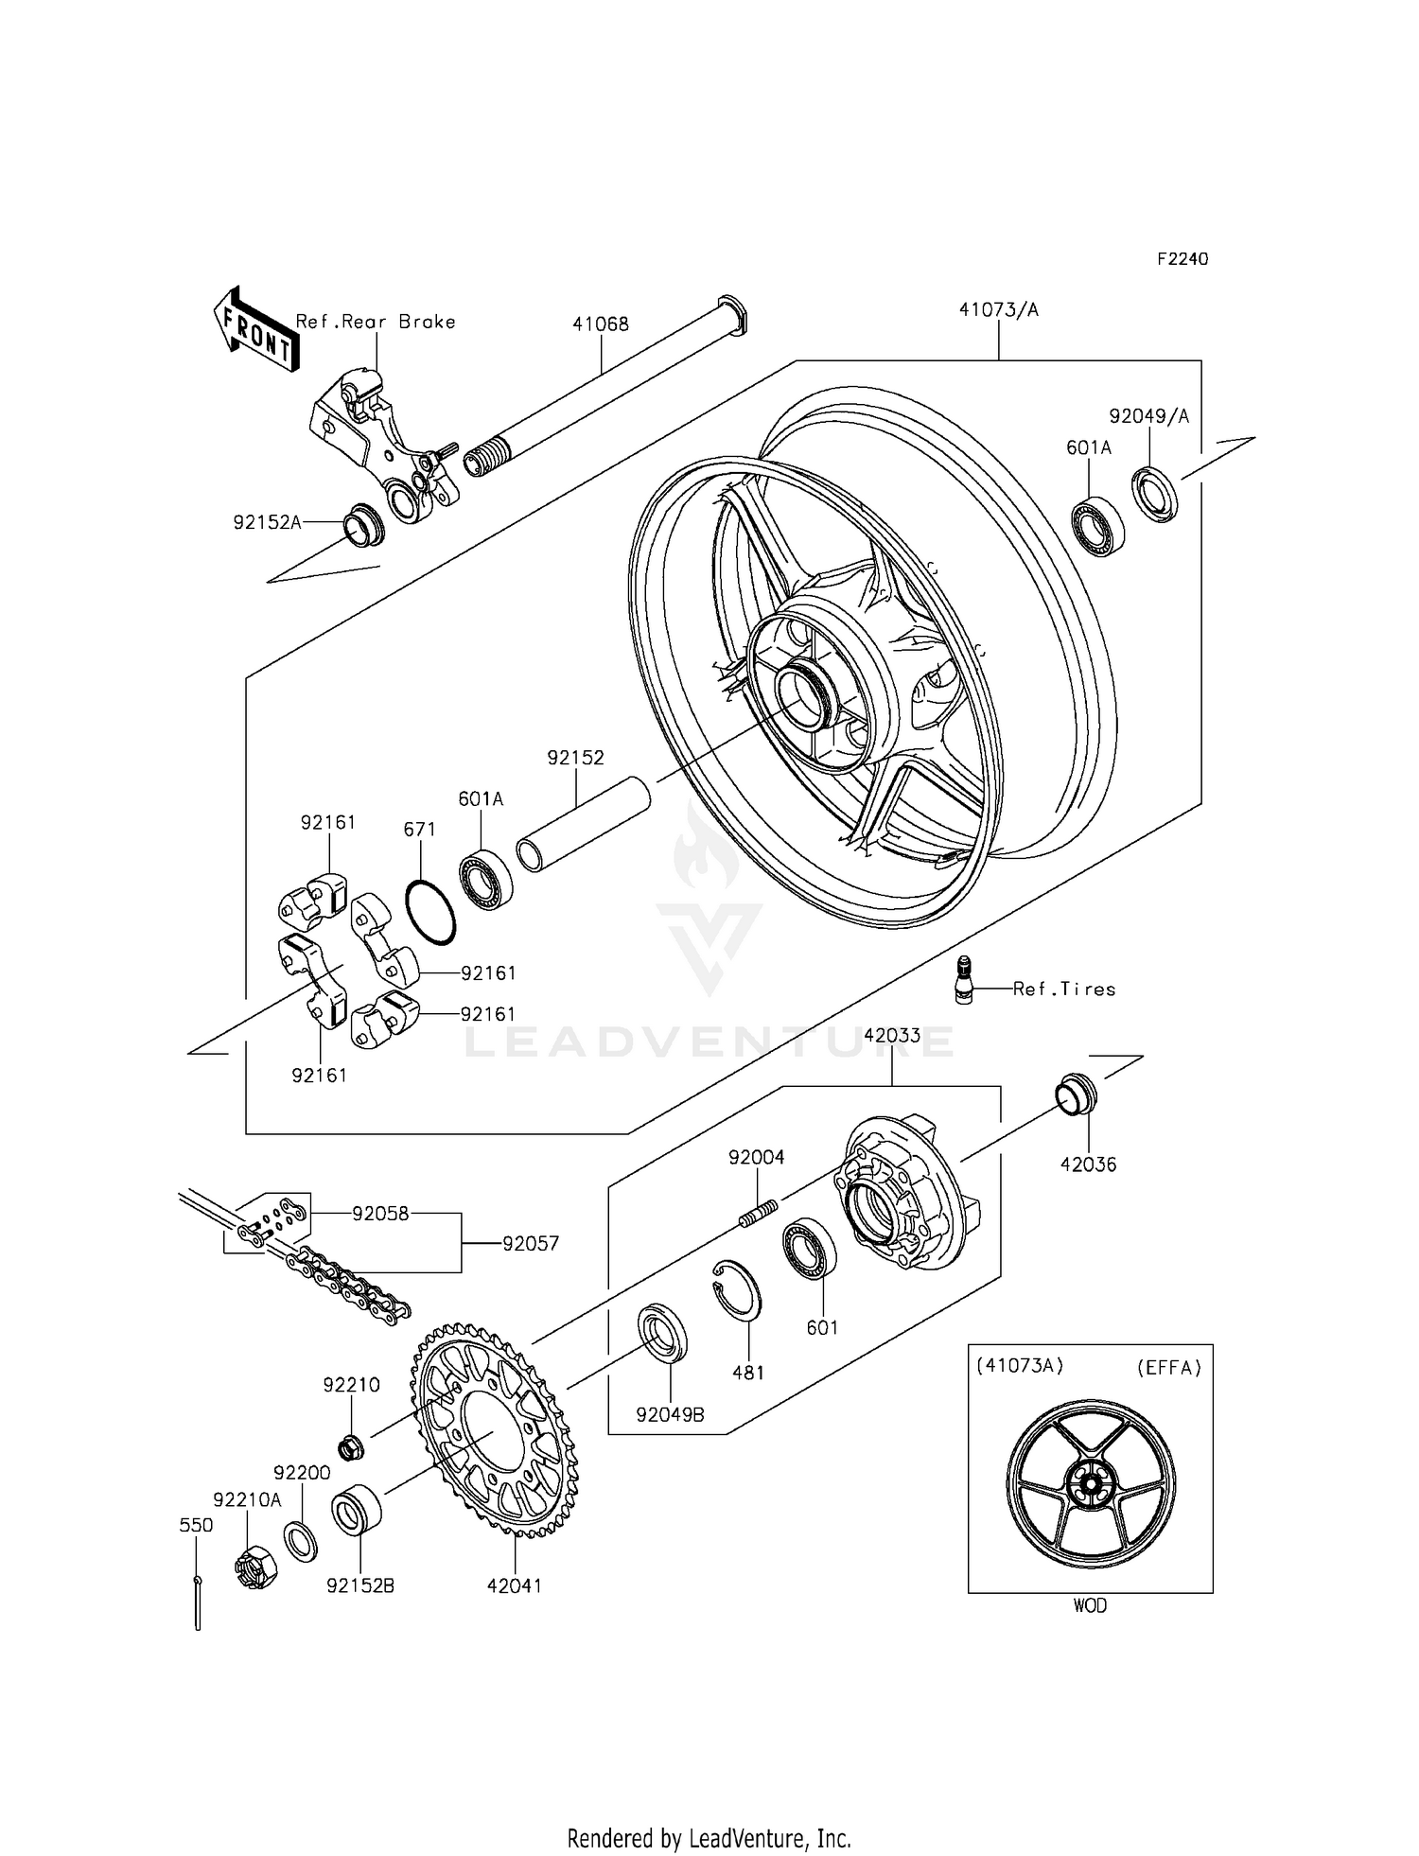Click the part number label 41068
point(600,324)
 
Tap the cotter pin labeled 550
point(197,1602)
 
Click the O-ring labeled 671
point(430,912)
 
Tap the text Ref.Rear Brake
point(376,322)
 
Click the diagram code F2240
point(1182,259)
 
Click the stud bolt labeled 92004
point(758,1215)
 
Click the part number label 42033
point(891,1035)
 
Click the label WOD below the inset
point(1090,1606)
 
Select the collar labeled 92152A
point(362,525)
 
